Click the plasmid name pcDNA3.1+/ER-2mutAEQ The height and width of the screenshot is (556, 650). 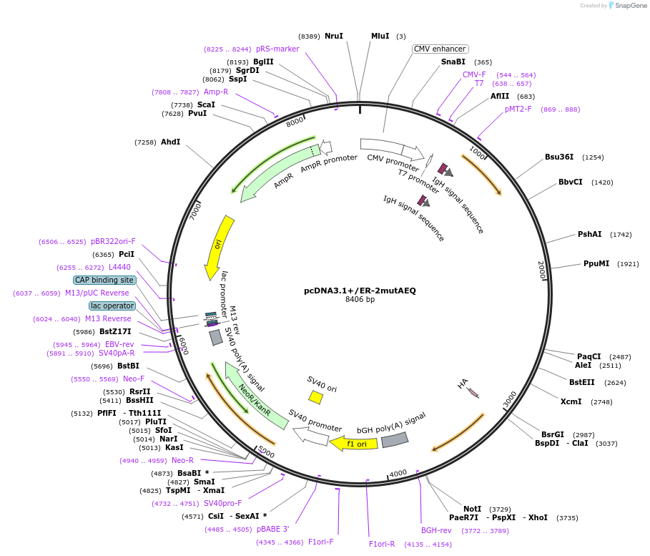[x=360, y=291]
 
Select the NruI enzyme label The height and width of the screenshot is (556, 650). [x=333, y=36]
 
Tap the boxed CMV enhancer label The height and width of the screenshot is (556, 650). [x=440, y=49]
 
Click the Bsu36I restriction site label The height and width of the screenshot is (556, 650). [x=559, y=157]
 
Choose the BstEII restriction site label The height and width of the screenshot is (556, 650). [x=581, y=382]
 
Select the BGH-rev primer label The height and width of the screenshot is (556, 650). [x=436, y=530]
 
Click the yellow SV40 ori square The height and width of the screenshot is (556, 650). [x=315, y=396]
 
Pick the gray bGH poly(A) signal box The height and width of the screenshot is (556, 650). [x=395, y=439]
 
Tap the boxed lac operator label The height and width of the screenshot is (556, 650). [x=112, y=306]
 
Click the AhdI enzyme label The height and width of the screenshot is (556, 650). [x=170, y=142]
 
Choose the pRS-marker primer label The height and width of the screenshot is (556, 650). [x=277, y=49]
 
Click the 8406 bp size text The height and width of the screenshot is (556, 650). [x=360, y=300]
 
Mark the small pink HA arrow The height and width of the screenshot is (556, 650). [x=473, y=391]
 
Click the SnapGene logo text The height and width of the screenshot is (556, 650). [x=630, y=6]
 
